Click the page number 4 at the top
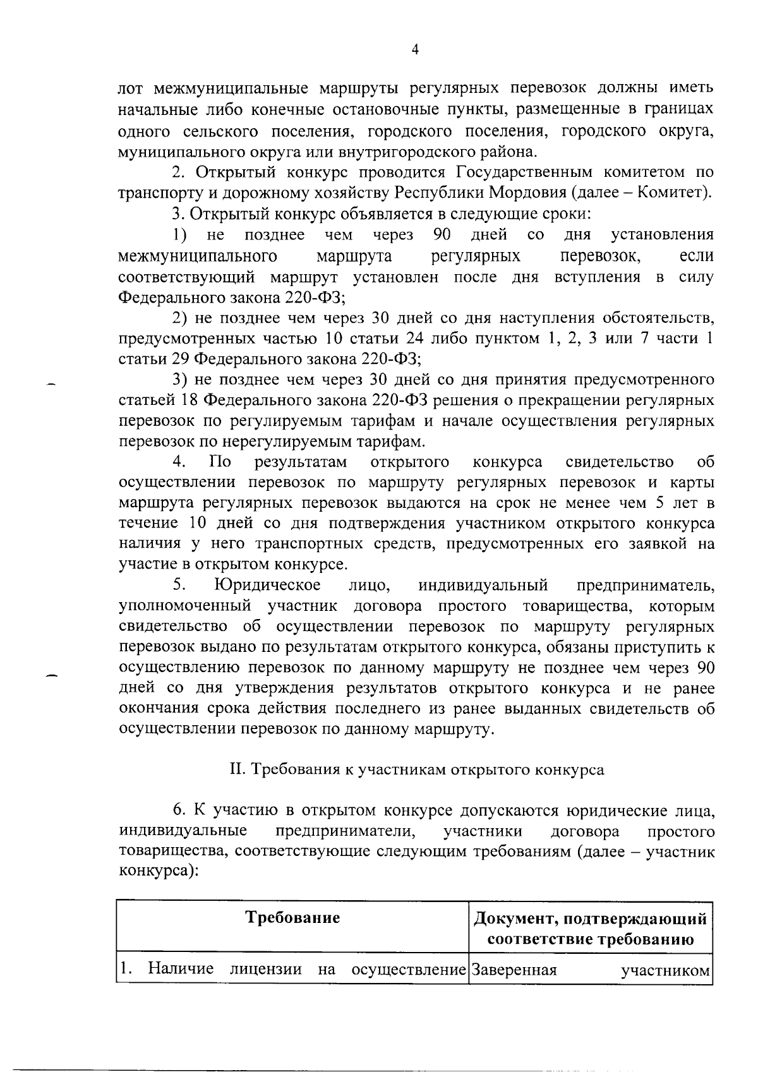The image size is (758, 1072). coord(415,51)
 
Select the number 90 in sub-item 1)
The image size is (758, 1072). coord(442,235)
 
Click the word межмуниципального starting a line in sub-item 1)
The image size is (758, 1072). coord(198,256)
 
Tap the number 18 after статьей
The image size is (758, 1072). coord(190,400)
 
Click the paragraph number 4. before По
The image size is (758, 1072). coord(179,462)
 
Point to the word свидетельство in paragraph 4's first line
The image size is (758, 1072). coord(619,462)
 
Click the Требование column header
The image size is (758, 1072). coord(292,918)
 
